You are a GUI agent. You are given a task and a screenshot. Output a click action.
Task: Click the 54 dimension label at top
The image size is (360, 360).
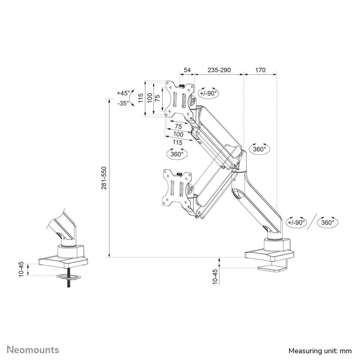[x=187, y=70]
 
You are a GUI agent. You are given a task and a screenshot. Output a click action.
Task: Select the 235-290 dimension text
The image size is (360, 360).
[x=219, y=70]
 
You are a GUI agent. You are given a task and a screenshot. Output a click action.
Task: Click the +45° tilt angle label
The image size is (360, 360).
[x=123, y=93]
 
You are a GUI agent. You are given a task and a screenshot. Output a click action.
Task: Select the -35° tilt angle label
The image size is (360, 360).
[x=123, y=103]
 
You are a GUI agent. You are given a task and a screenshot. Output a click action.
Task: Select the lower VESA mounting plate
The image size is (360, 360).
[x=177, y=188]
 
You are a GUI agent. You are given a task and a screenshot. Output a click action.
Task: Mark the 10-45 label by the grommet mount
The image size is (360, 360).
[x=21, y=269]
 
